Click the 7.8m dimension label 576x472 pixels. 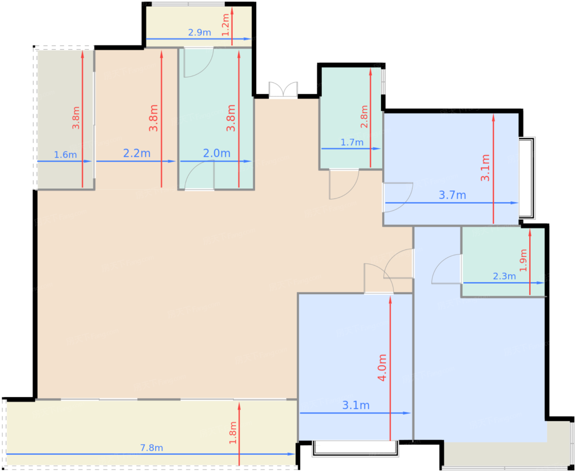(x=151, y=448)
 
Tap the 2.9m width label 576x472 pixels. (x=200, y=33)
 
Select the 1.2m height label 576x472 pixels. (x=225, y=24)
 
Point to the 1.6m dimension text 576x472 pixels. (x=65, y=155)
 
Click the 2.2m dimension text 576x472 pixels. (x=137, y=153)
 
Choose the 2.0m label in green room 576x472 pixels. (x=217, y=153)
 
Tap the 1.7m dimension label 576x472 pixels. (x=352, y=142)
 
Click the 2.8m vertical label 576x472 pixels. (x=364, y=117)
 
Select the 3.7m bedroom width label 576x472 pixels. (x=452, y=195)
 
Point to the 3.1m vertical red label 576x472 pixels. (x=486, y=167)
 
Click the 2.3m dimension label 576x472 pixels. (x=504, y=276)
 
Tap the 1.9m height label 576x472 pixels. (x=523, y=260)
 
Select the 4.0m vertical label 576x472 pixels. (x=383, y=367)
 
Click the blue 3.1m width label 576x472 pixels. (x=356, y=405)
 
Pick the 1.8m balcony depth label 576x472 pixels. (x=233, y=432)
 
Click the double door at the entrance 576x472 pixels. (x=283, y=90)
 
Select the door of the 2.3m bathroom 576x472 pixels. (x=447, y=270)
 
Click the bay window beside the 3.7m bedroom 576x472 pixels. (x=527, y=178)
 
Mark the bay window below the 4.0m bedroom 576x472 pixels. (x=355, y=449)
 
